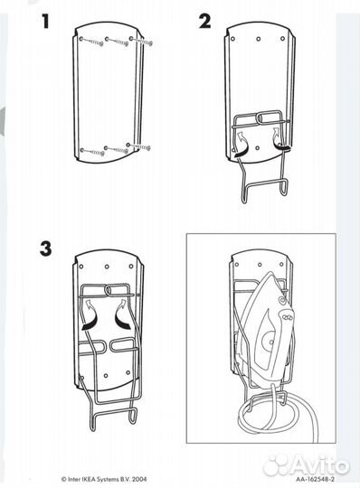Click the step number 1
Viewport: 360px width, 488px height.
pos(46,22)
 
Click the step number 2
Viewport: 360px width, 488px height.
pos(205,22)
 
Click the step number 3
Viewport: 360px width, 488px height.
pos(46,249)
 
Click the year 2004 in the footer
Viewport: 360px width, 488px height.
pos(139,479)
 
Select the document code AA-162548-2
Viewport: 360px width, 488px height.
pos(315,479)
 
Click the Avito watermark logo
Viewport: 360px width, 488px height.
pos(306,465)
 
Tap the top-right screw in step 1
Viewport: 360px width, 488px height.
pos(141,41)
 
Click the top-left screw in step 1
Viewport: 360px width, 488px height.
pos(92,42)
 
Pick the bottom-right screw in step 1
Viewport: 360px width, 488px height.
pos(138,146)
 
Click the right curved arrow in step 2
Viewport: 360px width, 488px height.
pos(280,139)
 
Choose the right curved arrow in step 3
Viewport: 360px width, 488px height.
pos(122,314)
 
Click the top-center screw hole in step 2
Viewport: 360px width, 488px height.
pos(259,39)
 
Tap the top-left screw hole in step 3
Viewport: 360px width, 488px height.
pos(81,267)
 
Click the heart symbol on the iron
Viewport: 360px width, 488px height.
pos(281,301)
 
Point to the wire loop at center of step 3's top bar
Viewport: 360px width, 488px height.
pos(109,290)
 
